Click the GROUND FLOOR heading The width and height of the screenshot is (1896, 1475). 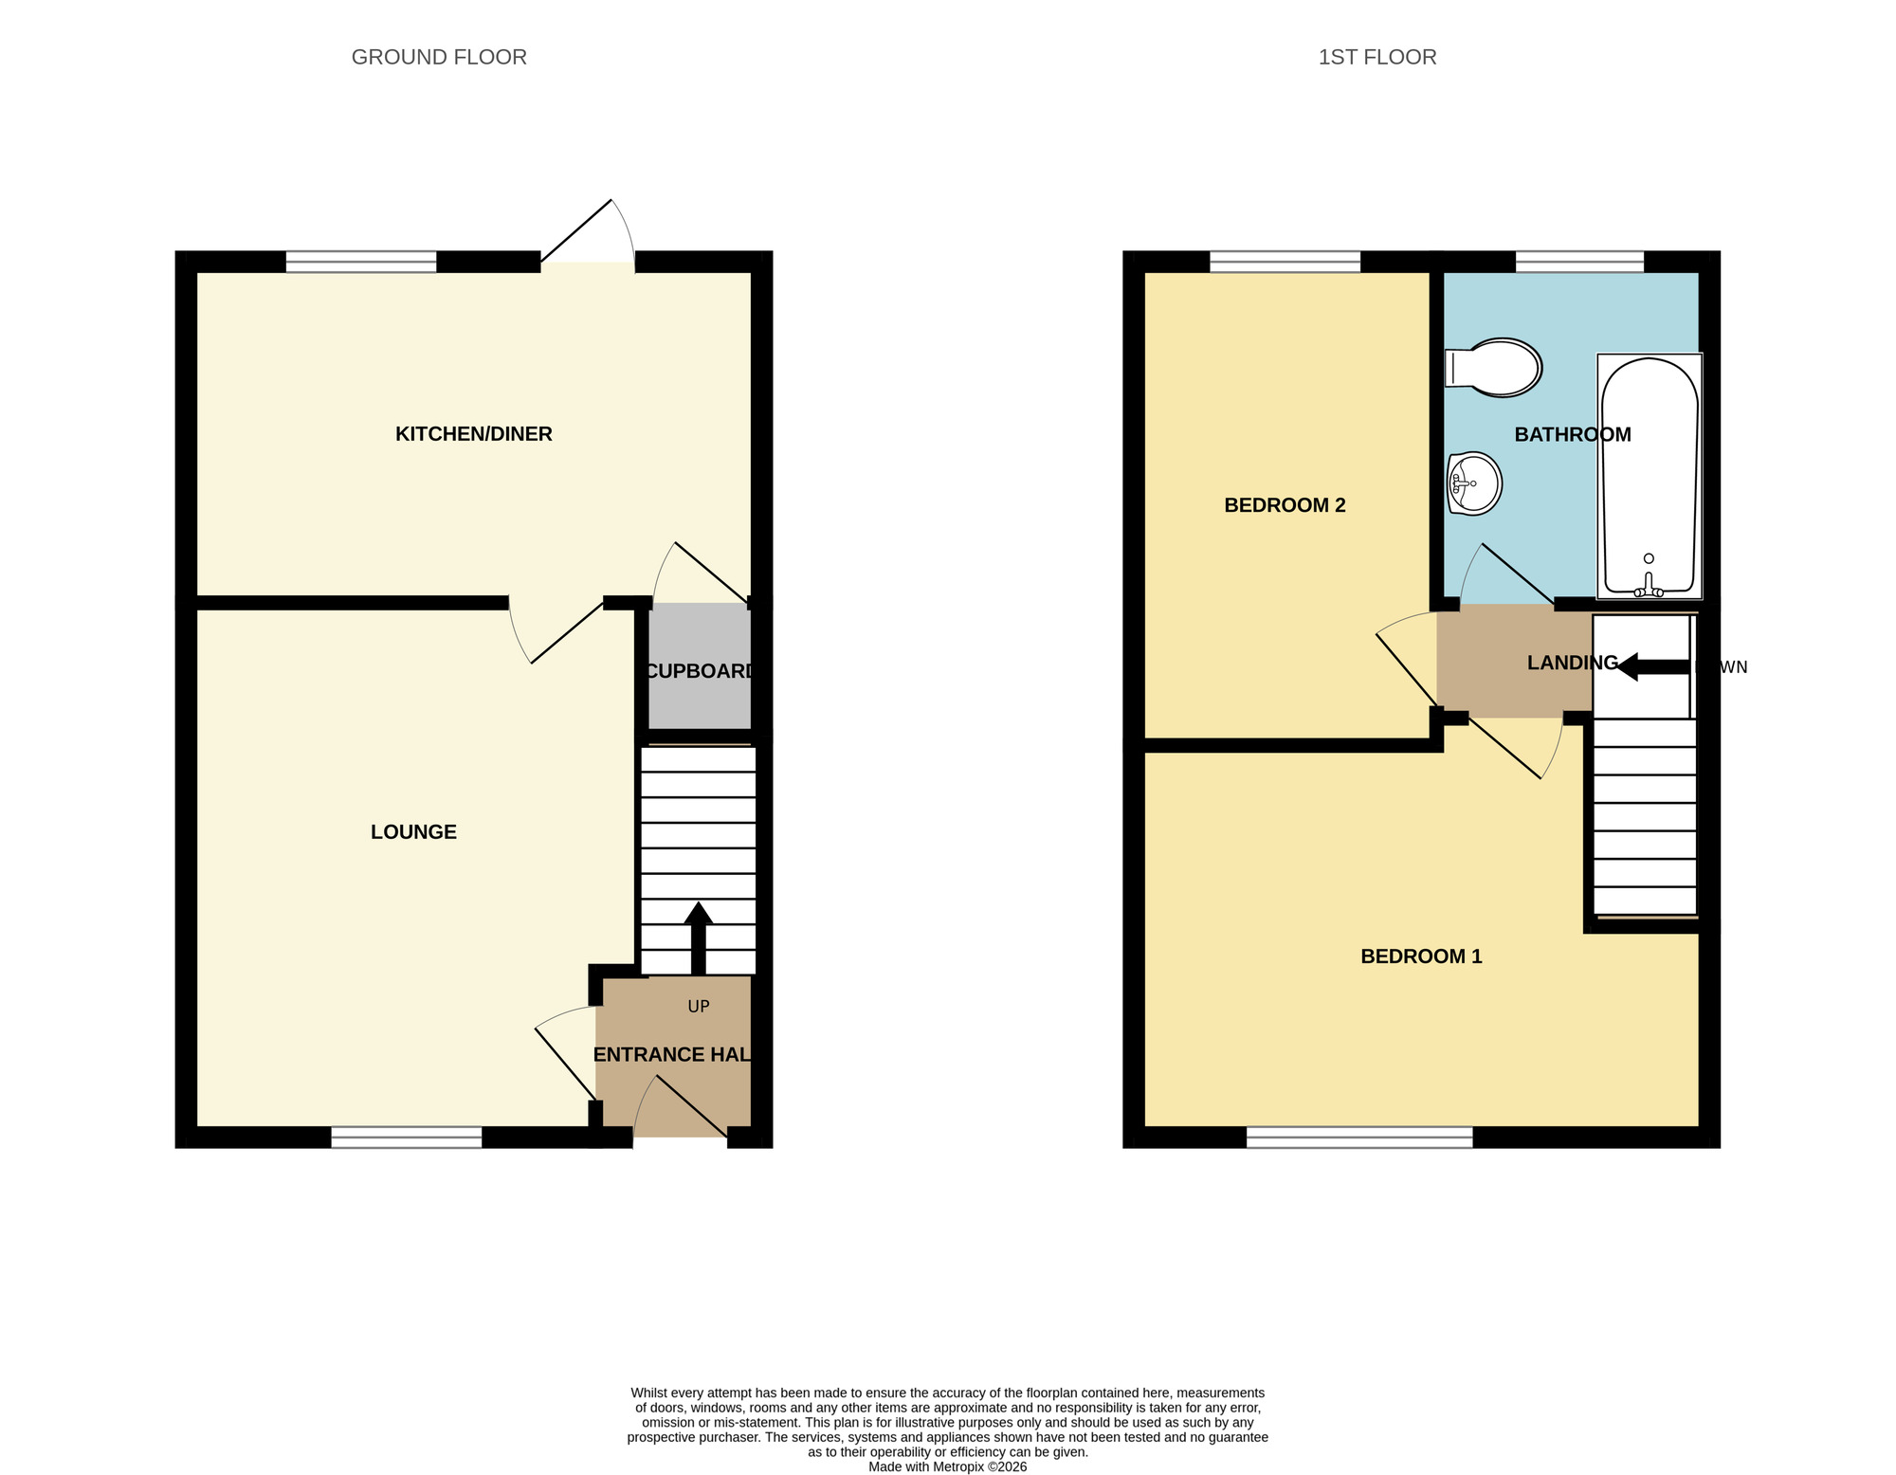[x=439, y=57]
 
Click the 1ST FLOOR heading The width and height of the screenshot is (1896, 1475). [x=1376, y=57]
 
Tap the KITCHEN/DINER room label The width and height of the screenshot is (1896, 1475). [x=473, y=434]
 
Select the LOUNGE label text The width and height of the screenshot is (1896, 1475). [x=413, y=832]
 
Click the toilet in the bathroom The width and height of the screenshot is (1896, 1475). [x=1493, y=367]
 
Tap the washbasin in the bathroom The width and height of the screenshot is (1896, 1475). [x=1474, y=483]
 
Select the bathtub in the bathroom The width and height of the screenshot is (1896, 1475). [x=1649, y=474]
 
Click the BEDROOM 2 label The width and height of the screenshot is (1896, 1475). [x=1285, y=505]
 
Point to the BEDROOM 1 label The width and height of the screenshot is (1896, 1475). [x=1420, y=956]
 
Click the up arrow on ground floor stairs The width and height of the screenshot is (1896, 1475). [x=699, y=934]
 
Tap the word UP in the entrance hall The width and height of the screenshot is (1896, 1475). [x=699, y=1007]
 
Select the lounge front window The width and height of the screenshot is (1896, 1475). [x=407, y=1138]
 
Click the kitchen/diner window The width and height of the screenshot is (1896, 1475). [x=361, y=262]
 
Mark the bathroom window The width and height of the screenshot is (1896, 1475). [x=1579, y=262]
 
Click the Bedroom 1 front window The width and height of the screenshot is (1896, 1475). [x=1358, y=1138]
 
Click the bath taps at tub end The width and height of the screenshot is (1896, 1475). [x=1649, y=589]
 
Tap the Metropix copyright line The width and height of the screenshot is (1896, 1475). [x=947, y=1466]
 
